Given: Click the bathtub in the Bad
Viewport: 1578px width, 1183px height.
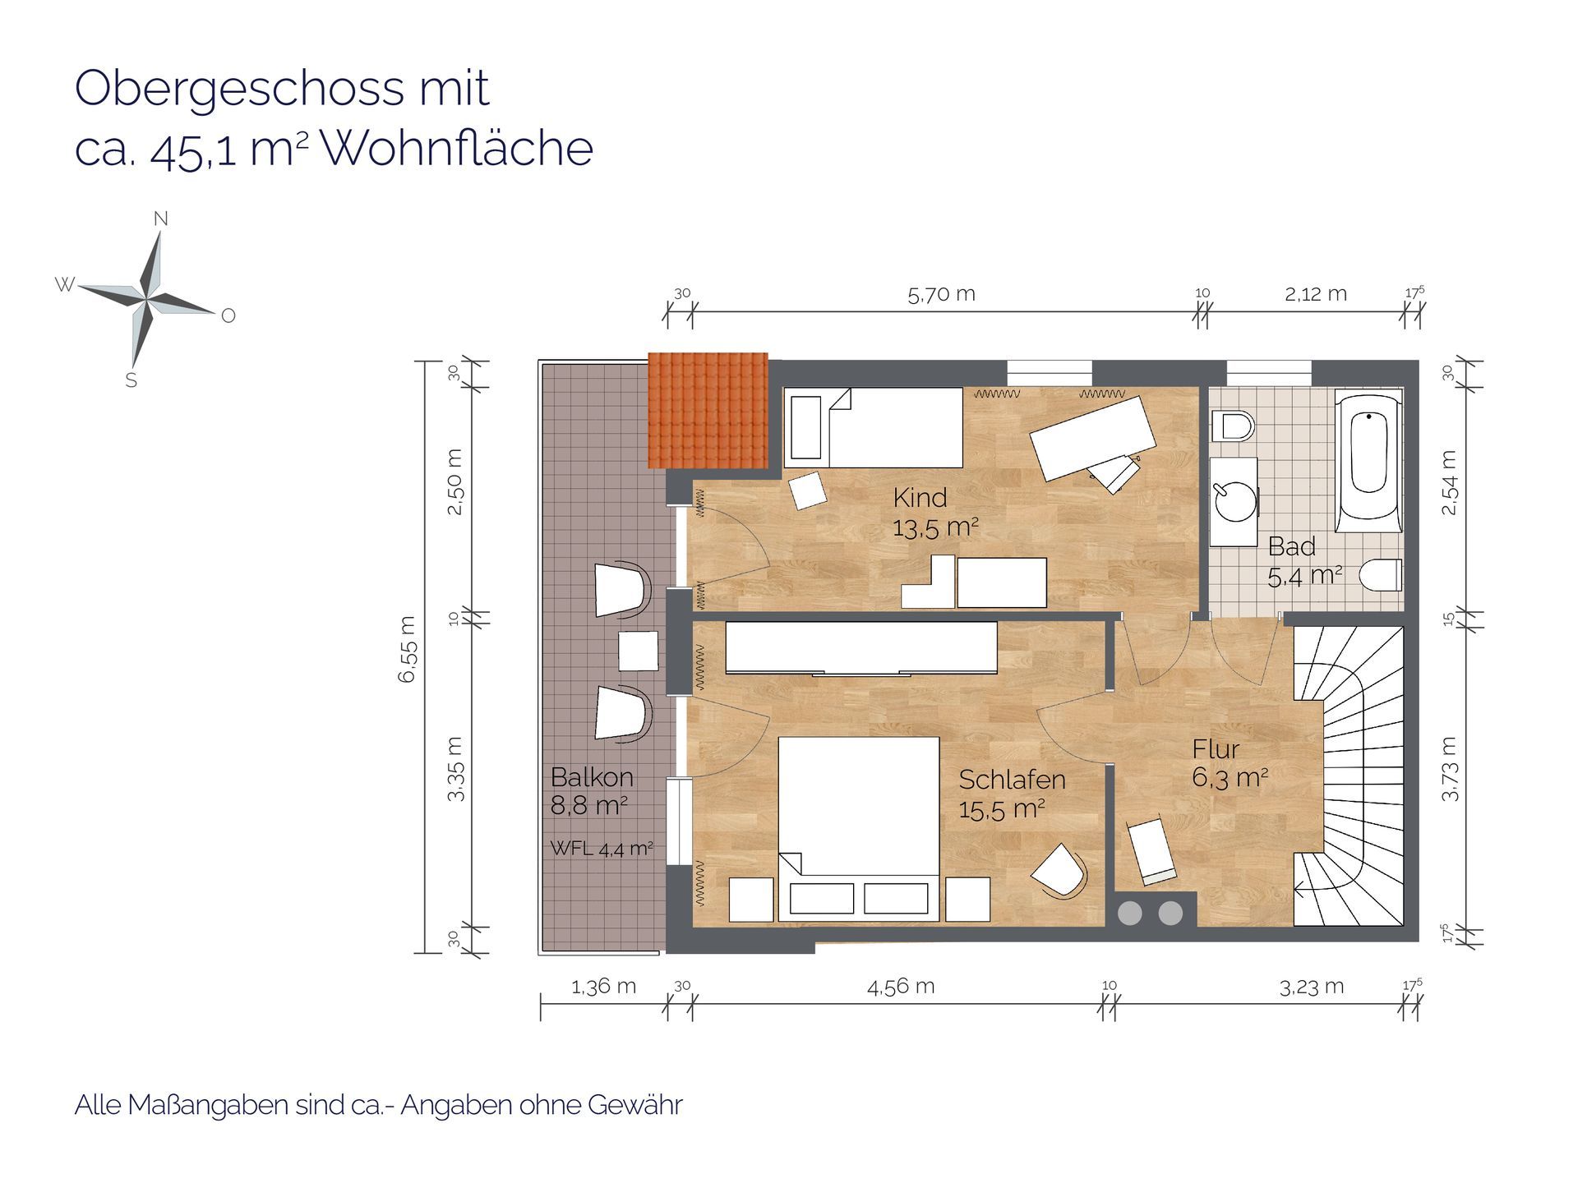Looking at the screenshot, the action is [1368, 463].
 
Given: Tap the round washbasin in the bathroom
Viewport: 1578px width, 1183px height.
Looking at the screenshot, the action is [1235, 503].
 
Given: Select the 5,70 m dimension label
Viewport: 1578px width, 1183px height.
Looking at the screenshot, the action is [941, 294].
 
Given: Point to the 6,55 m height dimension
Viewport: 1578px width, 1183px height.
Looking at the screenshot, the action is [408, 649].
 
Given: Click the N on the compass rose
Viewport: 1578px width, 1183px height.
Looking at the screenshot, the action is [161, 219].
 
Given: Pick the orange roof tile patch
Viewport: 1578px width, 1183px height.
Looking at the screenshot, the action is [708, 410].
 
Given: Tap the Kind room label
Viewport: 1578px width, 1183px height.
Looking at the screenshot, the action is [920, 497].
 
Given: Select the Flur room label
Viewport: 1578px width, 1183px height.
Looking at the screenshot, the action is [1216, 749].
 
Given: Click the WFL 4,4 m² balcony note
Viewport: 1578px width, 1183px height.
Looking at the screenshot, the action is [602, 849].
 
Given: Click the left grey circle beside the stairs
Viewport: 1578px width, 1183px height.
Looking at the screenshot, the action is [1130, 913].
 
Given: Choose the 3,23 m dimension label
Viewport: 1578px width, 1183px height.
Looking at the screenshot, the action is [1312, 987].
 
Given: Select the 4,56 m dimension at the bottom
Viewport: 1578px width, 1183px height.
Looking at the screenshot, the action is [901, 987].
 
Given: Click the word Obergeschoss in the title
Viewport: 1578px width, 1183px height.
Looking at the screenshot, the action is [240, 89].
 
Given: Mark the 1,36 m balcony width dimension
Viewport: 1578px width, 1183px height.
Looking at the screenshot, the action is [603, 987].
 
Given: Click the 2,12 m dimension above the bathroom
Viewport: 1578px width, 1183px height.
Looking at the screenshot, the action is [1316, 294].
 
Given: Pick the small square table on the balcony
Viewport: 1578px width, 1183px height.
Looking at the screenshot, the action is [639, 651].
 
